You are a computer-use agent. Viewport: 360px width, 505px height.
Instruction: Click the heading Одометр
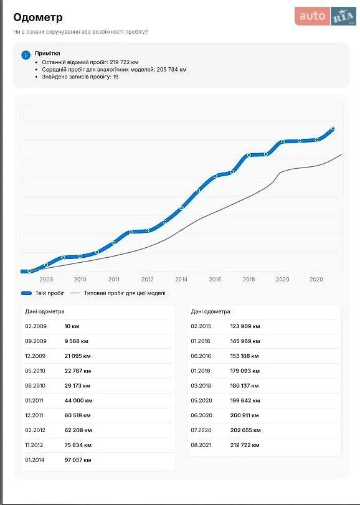point(38,17)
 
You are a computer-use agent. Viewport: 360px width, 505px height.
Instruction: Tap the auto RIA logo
point(325,16)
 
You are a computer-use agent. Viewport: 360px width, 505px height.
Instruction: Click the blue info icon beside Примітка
point(26,55)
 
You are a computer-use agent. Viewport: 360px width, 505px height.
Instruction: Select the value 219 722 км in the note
point(125,62)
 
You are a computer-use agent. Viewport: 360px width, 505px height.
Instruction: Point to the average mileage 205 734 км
point(172,70)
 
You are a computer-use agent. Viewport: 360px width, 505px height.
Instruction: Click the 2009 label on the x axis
point(46,280)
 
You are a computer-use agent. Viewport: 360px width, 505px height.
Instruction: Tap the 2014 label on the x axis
point(181,280)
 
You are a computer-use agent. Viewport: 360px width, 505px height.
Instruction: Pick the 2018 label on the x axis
point(249,280)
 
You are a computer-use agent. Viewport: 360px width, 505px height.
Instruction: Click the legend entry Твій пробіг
point(42,293)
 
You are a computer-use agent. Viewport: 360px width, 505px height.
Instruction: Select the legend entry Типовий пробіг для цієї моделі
point(118,293)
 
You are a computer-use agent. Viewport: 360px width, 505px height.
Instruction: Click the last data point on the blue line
point(333,129)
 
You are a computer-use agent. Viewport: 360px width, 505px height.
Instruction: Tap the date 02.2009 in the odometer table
point(36,326)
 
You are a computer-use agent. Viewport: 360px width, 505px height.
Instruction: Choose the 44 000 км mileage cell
point(78,400)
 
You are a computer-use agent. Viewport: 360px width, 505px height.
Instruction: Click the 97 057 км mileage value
point(78,460)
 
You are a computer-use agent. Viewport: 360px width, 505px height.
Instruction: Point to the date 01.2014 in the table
point(35,460)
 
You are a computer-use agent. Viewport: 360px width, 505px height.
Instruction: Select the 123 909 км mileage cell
point(245,326)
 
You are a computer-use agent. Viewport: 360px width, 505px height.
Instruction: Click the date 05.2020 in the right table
point(202,400)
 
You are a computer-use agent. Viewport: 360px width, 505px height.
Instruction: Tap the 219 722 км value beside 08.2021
point(245,445)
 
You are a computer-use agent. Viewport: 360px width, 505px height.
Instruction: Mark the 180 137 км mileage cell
point(244,386)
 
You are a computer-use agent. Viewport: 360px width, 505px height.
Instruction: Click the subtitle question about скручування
point(80,32)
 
